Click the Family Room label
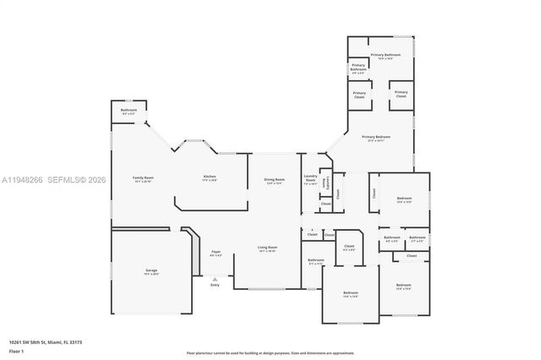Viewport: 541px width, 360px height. click(143, 178)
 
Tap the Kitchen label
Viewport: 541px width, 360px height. click(210, 178)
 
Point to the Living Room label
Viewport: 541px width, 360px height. click(268, 248)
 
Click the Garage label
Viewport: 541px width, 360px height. click(150, 271)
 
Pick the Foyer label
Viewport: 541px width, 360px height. click(216, 253)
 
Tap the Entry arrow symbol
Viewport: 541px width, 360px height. click(215, 278)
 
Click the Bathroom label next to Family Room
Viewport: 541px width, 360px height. click(128, 111)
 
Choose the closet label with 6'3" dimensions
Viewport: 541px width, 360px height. click(349, 248)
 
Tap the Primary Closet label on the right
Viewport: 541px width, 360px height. click(401, 94)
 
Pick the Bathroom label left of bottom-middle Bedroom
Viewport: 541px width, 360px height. click(315, 261)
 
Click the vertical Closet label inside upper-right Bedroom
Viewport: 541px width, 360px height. click(374, 193)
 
